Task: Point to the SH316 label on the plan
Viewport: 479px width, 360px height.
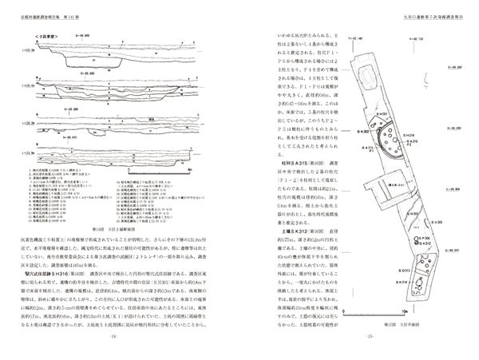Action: tap(405, 136)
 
